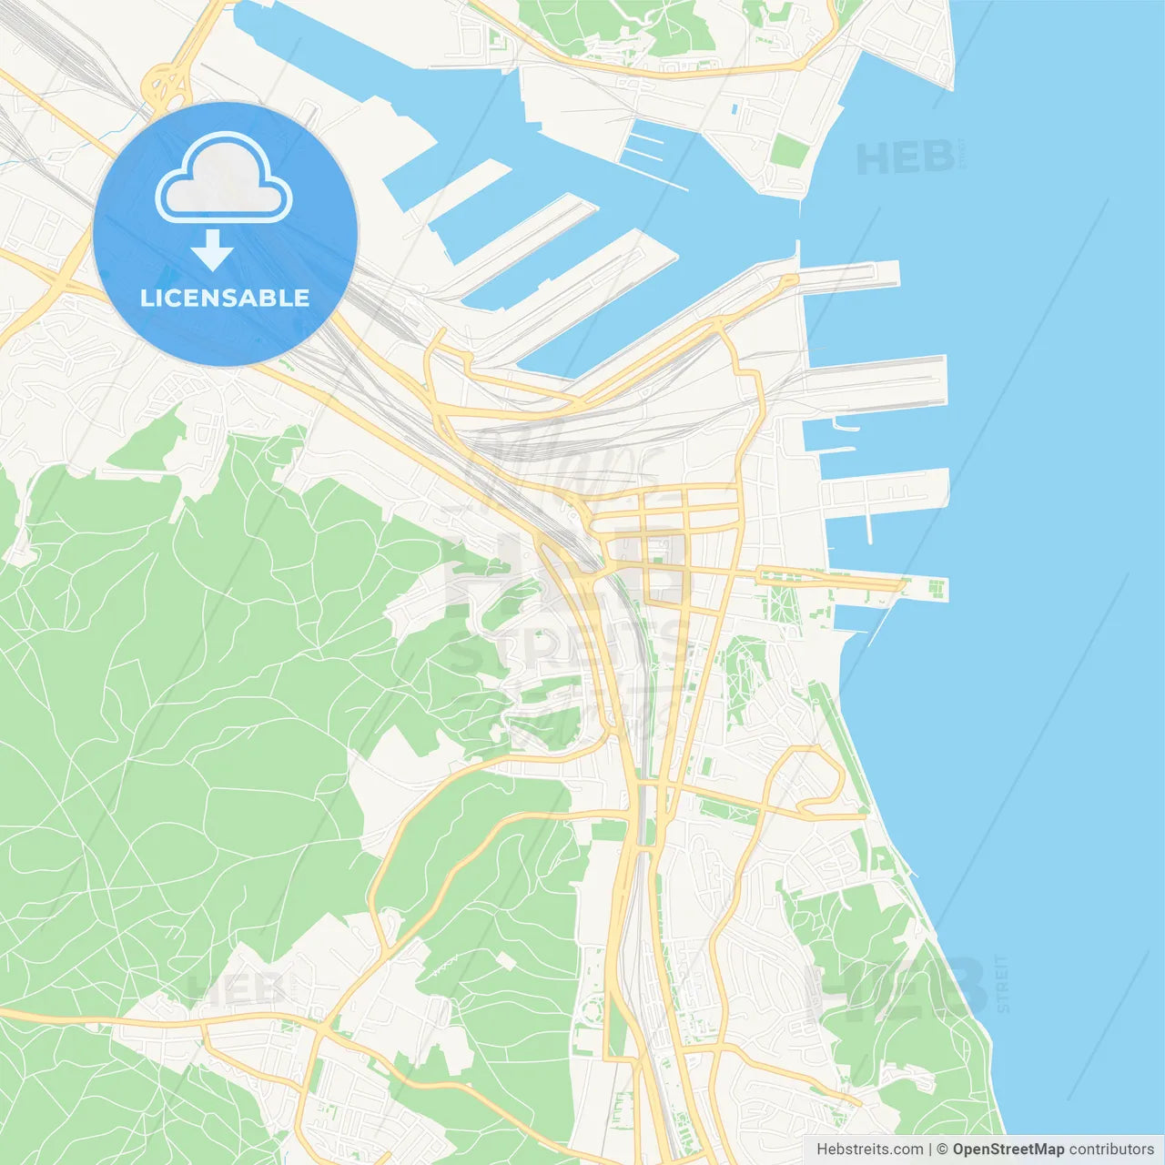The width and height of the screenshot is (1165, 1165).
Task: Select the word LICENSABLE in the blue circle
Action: pos(225,298)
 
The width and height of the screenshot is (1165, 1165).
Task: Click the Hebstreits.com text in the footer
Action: pos(869,1150)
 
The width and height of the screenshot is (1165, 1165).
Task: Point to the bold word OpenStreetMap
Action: pos(1008,1150)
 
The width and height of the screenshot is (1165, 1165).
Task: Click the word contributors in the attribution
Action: pos(1111,1150)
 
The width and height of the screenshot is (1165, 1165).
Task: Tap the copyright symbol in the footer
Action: pos(943,1150)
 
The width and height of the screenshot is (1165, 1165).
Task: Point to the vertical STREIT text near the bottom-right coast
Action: pos(1003,984)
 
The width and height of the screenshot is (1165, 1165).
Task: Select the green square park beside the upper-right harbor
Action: pos(788,150)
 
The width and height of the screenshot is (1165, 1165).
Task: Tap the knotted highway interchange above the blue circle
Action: pos(167,87)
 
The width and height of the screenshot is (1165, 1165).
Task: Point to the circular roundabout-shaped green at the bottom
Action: pos(593,1010)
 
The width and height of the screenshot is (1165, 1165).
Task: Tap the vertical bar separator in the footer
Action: pos(930,1150)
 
